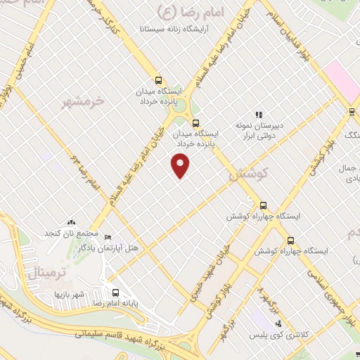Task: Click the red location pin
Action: [x=181, y=165]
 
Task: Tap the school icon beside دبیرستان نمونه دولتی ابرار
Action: [x=259, y=114]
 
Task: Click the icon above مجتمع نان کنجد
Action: [x=70, y=222]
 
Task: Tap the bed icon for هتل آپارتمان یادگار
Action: [x=107, y=237]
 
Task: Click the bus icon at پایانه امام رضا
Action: [x=115, y=292]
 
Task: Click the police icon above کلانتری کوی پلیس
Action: [x=279, y=323]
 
